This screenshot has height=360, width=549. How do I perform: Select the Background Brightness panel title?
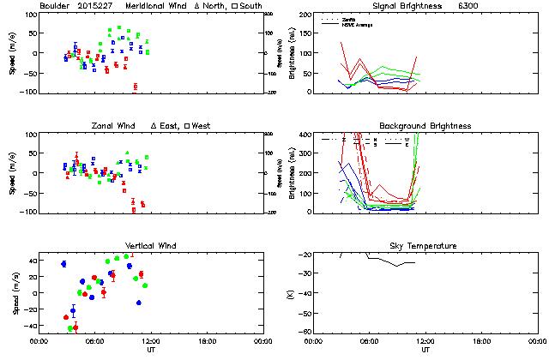[x=424, y=126]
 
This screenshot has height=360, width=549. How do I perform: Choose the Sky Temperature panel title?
[x=425, y=246]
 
